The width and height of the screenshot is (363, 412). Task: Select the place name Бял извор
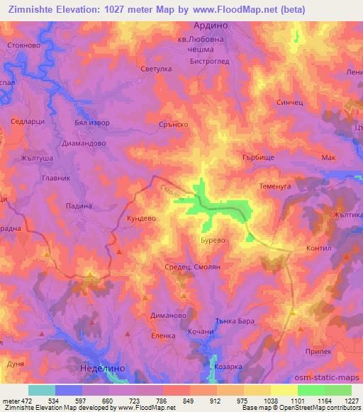(91, 122)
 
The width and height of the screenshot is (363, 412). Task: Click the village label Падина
(79, 205)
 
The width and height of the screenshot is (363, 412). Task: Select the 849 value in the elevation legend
(189, 400)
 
